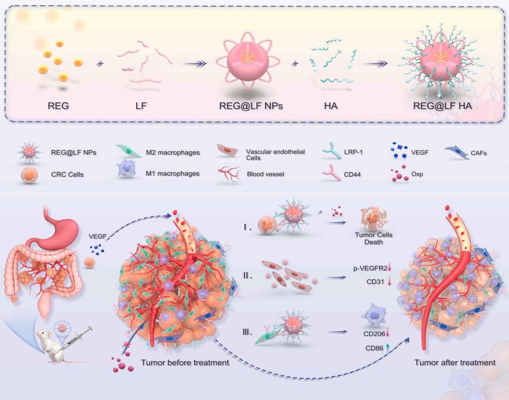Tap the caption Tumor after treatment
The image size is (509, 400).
[x=455, y=362]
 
